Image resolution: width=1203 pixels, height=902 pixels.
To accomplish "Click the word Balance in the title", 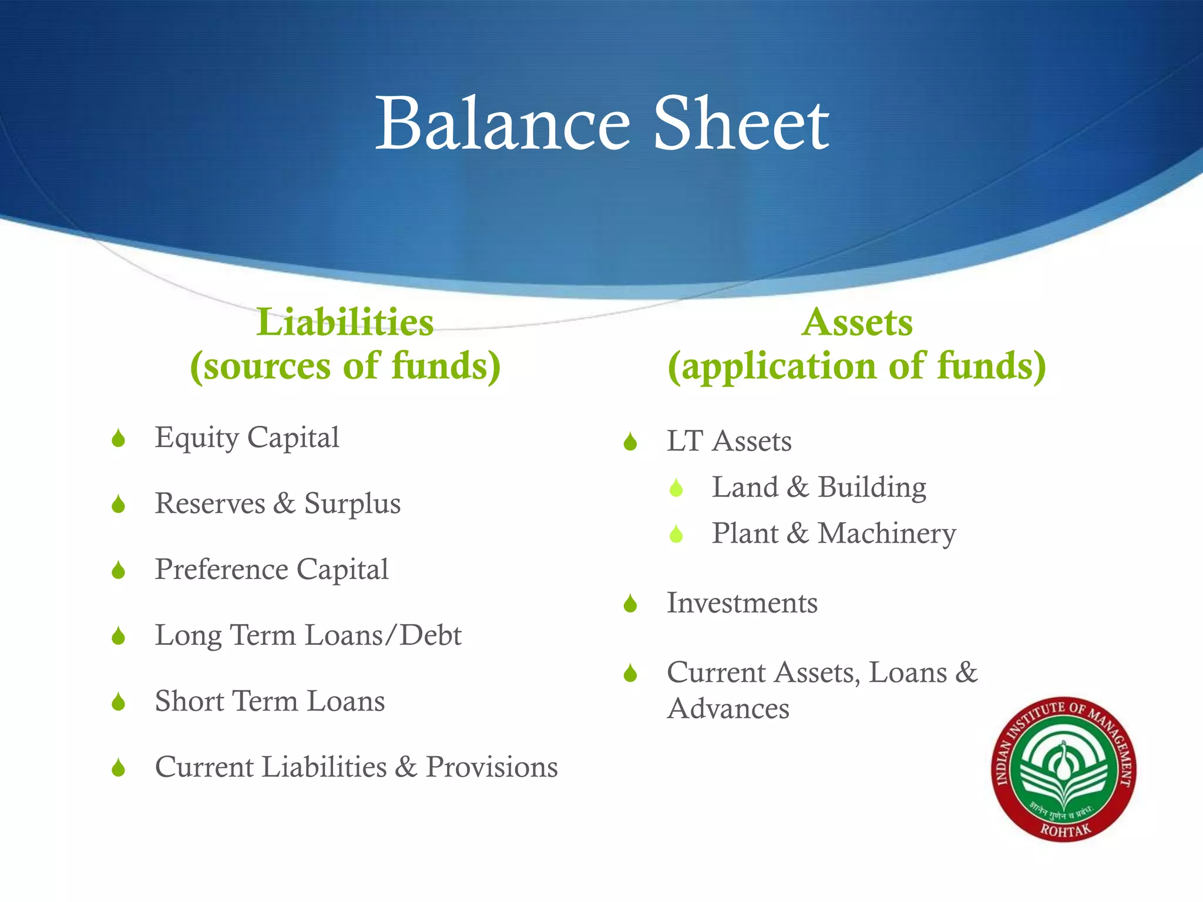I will click(502, 124).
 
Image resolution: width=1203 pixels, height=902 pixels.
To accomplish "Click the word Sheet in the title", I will click(741, 124).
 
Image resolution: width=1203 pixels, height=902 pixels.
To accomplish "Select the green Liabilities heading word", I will click(345, 322).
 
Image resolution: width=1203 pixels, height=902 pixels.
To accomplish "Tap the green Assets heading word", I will click(857, 322).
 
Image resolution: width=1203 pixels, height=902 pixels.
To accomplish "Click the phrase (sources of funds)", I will click(345, 366).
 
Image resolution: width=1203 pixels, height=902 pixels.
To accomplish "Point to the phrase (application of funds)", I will click(857, 366).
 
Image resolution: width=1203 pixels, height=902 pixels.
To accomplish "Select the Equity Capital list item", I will click(247, 438).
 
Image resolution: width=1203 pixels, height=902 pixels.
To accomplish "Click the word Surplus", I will click(352, 504).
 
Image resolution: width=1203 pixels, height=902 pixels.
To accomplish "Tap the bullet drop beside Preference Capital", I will click(119, 570).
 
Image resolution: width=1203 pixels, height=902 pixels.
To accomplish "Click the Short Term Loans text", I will click(270, 701).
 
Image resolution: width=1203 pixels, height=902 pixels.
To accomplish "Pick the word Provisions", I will click(492, 767).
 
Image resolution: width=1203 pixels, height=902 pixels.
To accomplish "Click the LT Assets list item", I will click(729, 441).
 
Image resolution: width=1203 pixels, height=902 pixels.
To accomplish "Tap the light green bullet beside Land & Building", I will click(676, 488).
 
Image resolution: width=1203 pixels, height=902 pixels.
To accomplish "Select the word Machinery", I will click(887, 534).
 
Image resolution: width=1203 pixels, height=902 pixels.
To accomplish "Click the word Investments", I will click(742, 603).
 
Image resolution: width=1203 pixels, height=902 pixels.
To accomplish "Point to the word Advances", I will click(728, 709).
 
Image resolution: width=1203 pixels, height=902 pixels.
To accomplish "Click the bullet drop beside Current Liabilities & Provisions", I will click(119, 768).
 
